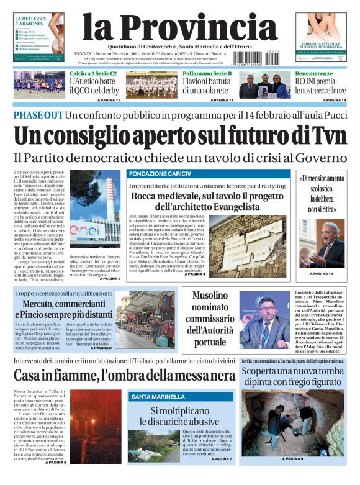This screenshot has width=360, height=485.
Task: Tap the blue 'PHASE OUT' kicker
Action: [37, 116]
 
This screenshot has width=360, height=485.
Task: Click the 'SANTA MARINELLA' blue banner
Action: [156, 396]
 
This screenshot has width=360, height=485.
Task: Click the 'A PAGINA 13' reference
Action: [109, 100]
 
